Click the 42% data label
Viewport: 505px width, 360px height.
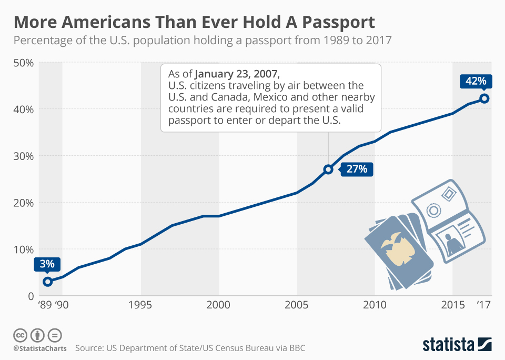coord(476,81)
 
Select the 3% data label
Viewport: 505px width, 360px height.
coord(47,264)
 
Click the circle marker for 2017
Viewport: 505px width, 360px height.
coord(484,98)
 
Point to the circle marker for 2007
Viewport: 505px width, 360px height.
coord(328,169)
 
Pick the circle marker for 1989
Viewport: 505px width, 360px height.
coord(47,282)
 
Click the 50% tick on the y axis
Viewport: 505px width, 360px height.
coord(23,63)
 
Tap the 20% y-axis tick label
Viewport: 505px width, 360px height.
coord(23,203)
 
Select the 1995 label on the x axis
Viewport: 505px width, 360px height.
coord(140,305)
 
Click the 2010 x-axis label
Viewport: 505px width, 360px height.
coord(375,305)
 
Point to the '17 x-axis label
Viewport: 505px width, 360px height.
coord(483,305)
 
